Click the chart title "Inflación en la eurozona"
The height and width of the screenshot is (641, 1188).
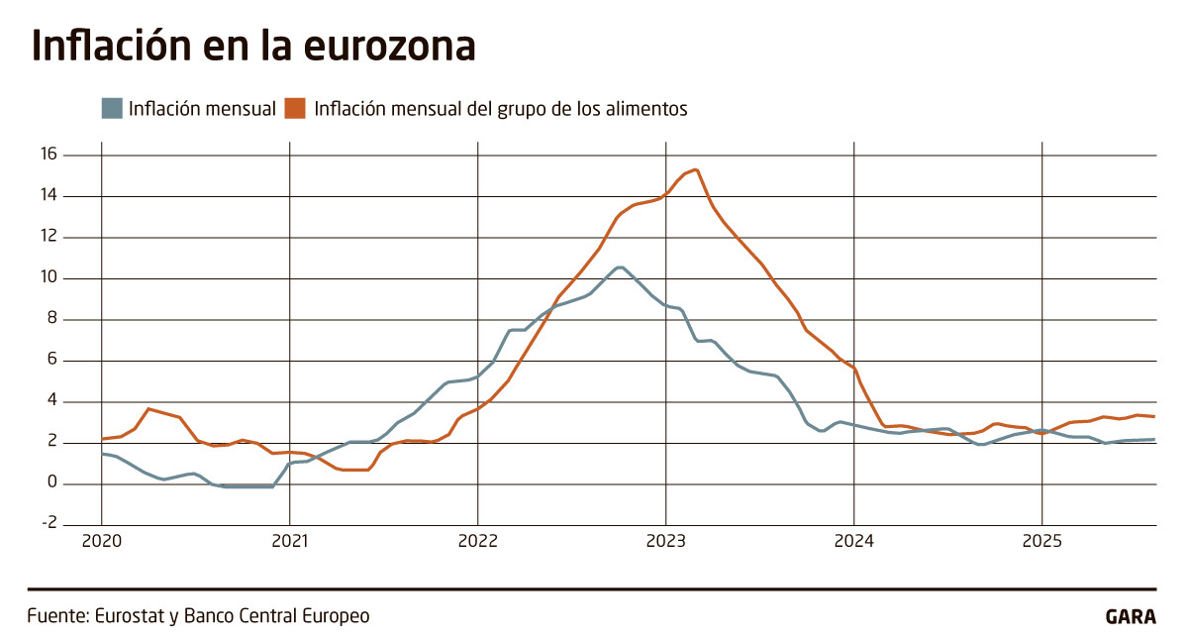pos(253,47)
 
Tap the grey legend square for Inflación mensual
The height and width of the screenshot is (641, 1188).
pos(112,108)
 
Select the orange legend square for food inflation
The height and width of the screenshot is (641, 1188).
pos(295,108)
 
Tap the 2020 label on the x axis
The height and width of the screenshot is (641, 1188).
pos(101,541)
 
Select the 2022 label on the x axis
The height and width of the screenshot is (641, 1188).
pos(477,541)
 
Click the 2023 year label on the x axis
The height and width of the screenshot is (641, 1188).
pos(665,541)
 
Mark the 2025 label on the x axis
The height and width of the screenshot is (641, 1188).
pos(1041,541)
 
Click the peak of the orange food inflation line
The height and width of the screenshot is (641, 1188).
pos(697,169)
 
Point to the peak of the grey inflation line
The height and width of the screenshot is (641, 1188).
pos(620,267)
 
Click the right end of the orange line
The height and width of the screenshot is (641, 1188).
pos(1154,416)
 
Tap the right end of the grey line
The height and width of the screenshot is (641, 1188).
pos(1154,439)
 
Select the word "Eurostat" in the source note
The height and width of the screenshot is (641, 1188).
pos(128,615)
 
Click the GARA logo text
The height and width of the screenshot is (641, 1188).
pos(1131,616)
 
